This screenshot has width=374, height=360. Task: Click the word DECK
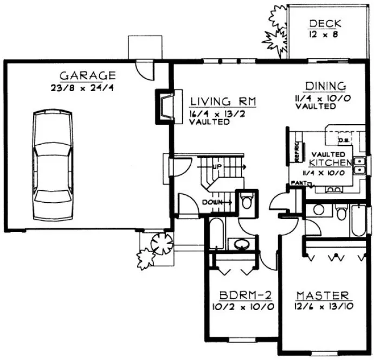click(x=324, y=23)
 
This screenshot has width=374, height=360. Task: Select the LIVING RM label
click(x=222, y=102)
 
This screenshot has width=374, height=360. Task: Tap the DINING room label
click(x=325, y=86)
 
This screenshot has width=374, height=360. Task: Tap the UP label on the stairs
click(x=216, y=166)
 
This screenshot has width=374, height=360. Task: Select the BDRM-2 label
click(x=245, y=295)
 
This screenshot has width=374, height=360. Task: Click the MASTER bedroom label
click(x=322, y=295)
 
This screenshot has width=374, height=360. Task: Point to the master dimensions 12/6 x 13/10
click(x=322, y=306)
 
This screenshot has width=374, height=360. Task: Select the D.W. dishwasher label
click(x=343, y=140)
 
